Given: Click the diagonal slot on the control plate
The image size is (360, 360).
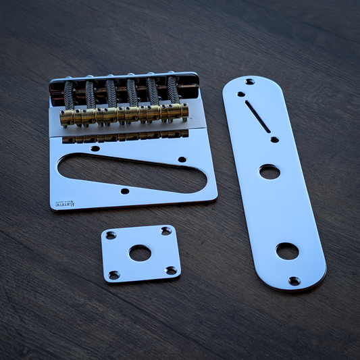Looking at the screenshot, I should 257,116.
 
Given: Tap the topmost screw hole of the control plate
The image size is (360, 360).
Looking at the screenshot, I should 250,82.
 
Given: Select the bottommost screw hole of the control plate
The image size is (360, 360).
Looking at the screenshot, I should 294,280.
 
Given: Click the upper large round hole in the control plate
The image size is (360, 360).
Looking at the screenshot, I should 269,172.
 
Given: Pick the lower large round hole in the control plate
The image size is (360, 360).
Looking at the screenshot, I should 287,251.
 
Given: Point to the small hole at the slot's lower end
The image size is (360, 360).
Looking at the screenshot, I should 274,140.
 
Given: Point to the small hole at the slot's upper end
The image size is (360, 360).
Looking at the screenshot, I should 241,95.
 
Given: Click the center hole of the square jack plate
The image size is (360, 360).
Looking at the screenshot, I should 140,253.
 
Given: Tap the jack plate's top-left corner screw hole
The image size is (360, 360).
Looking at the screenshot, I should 111,235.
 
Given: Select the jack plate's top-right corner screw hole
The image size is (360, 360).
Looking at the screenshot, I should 165,232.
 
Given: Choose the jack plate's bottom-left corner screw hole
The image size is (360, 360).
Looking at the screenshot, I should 114,275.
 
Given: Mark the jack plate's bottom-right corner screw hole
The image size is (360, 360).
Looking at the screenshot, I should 171,271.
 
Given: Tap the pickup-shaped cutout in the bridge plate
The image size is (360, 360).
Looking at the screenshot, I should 128,172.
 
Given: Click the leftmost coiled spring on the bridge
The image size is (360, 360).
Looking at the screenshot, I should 68,95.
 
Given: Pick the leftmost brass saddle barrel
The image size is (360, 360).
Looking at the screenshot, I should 67,119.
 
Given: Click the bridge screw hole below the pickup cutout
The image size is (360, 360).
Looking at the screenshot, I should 124,191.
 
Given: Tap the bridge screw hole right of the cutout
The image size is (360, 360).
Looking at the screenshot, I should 182,160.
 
